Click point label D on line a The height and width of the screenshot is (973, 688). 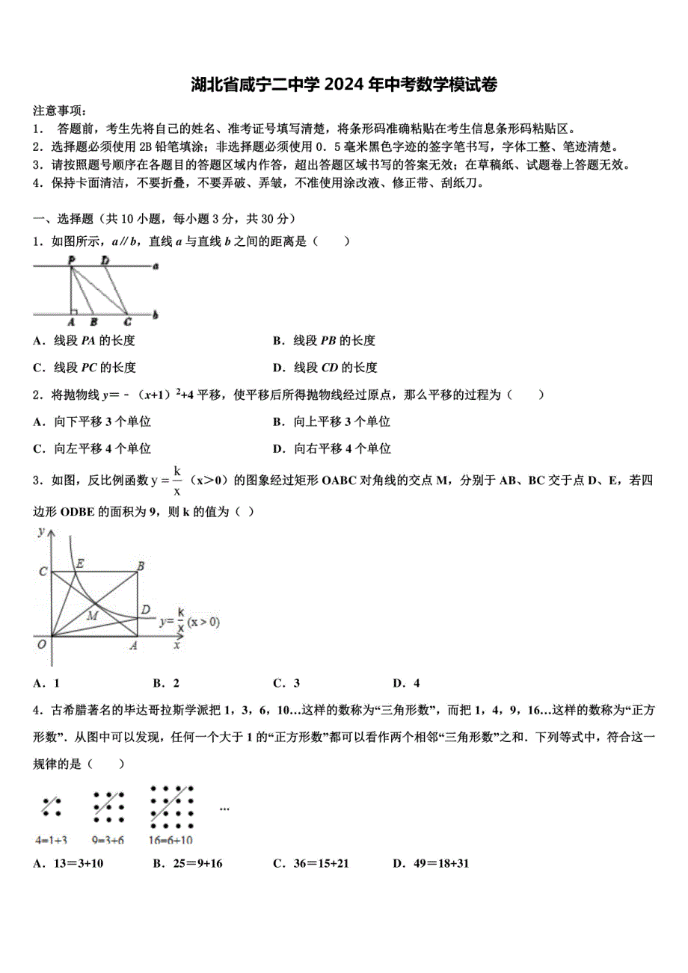click(105, 259)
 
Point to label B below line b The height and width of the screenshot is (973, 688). click(93, 323)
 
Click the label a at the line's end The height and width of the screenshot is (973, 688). click(155, 265)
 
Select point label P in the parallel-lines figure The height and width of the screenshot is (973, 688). click(71, 259)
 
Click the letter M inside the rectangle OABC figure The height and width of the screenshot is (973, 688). click(93, 615)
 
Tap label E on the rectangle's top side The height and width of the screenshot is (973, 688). click(80, 563)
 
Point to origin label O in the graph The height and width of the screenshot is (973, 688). click(42, 644)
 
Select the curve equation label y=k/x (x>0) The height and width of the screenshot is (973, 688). click(188, 622)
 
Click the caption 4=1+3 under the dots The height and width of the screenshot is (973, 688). click(52, 839)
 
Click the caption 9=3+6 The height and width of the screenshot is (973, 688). click(108, 839)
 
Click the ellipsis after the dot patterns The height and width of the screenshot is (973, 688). click(224, 808)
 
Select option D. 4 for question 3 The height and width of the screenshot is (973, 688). click(406, 682)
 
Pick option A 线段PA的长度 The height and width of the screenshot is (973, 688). click(84, 341)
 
